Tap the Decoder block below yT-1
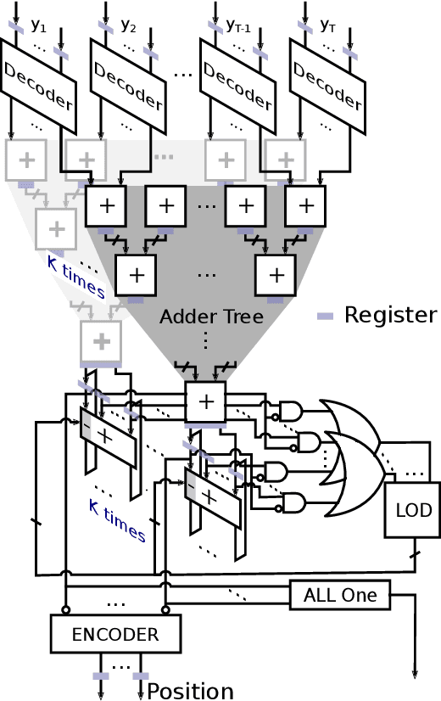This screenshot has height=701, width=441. (237, 86)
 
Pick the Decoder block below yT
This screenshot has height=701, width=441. (327, 86)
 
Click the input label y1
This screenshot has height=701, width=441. (39, 25)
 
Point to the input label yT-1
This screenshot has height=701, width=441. (237, 25)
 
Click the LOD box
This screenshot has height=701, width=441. (414, 510)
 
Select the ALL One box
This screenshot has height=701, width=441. (340, 595)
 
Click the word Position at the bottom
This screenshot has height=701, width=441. (191, 691)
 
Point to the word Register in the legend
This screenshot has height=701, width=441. (390, 315)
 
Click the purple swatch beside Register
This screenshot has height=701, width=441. (326, 316)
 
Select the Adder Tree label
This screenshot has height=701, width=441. (212, 317)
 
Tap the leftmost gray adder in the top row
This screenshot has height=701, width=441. (26, 159)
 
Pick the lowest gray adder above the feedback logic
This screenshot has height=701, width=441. (101, 341)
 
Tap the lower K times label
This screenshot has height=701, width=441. (117, 519)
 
